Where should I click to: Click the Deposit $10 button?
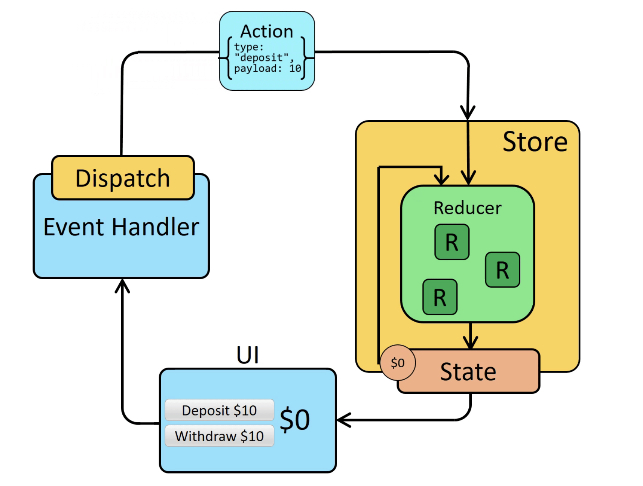tap(219, 410)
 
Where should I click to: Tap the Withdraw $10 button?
tap(219, 436)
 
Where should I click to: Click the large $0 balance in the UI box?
tap(295, 419)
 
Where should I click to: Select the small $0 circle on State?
tap(398, 362)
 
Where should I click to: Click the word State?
tap(468, 372)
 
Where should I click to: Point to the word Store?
tap(535, 142)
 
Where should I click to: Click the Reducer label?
tap(467, 208)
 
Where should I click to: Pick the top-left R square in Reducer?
tap(452, 242)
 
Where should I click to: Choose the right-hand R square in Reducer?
tap(502, 270)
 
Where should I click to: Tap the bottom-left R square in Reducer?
tap(440, 297)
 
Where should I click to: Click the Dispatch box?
tap(123, 178)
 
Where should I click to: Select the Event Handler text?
tap(121, 227)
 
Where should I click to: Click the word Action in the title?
tap(267, 31)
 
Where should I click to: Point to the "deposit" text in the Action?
tap(264, 58)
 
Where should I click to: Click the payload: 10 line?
tap(267, 69)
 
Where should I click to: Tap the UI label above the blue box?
tap(247, 355)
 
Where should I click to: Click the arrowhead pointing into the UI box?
tap(343, 420)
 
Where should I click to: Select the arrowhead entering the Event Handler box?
tap(122, 285)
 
